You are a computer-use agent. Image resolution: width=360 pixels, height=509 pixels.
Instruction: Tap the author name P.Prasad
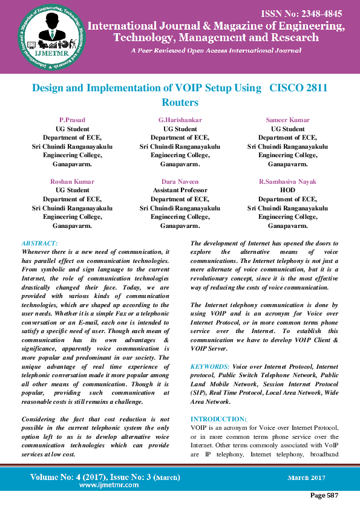pos(72,120)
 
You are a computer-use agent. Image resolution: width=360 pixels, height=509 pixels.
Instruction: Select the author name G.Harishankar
pos(180,120)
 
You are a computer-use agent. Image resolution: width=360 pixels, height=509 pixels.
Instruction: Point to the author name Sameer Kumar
pos(287,120)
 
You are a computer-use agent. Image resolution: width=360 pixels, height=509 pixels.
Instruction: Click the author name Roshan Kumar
pos(72,181)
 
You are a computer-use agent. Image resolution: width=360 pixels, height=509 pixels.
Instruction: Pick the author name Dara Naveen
pos(180,181)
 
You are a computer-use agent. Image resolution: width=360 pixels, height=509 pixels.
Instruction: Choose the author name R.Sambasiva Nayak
pos(287,181)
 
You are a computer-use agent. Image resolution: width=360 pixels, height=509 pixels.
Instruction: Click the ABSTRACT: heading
pos(41,243)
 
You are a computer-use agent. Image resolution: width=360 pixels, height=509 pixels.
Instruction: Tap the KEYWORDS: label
pos(210,367)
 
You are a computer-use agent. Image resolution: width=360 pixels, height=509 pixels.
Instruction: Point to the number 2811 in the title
pos(316,88)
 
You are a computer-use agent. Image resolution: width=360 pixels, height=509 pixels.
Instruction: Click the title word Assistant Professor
pos(180,190)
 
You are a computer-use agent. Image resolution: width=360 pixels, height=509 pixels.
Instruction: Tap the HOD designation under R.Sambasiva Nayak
pos(287,190)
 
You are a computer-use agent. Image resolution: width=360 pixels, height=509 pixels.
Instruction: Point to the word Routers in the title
pos(180,103)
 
